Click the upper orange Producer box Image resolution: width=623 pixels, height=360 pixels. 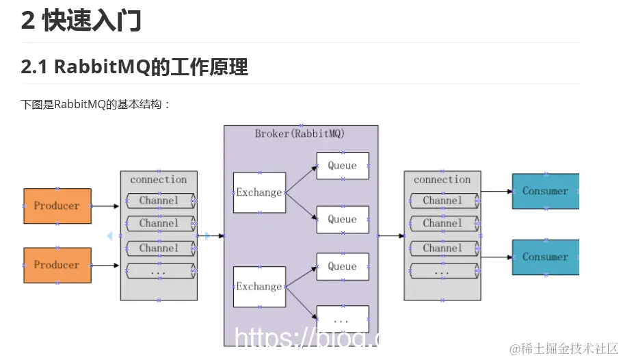click(x=57, y=205)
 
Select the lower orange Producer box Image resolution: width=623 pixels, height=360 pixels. click(x=57, y=265)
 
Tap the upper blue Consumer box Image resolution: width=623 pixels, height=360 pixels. click(x=545, y=191)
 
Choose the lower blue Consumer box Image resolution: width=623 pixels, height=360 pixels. click(x=545, y=257)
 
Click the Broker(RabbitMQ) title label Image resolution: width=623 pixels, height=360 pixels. click(x=300, y=133)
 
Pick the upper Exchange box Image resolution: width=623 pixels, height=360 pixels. click(x=259, y=192)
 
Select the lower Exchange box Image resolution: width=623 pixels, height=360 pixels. click(x=259, y=287)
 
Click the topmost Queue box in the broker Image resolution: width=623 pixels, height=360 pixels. click(x=342, y=166)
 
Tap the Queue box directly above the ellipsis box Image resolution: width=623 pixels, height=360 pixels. click(x=342, y=266)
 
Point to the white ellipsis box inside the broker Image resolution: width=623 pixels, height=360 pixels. click(x=342, y=319)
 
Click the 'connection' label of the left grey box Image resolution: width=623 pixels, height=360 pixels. click(x=159, y=179)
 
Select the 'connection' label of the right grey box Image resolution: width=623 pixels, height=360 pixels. click(x=442, y=179)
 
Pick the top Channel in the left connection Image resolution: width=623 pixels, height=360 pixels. click(x=159, y=201)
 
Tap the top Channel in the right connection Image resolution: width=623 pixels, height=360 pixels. click(x=442, y=201)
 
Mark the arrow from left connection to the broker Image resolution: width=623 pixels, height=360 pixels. click(x=211, y=235)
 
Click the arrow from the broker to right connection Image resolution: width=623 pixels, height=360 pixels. click(x=391, y=235)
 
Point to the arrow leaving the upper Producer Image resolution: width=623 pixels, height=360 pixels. click(x=105, y=205)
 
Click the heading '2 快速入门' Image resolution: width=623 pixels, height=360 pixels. click(x=81, y=21)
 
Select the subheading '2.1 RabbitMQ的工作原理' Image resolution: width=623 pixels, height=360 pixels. click(x=135, y=67)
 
